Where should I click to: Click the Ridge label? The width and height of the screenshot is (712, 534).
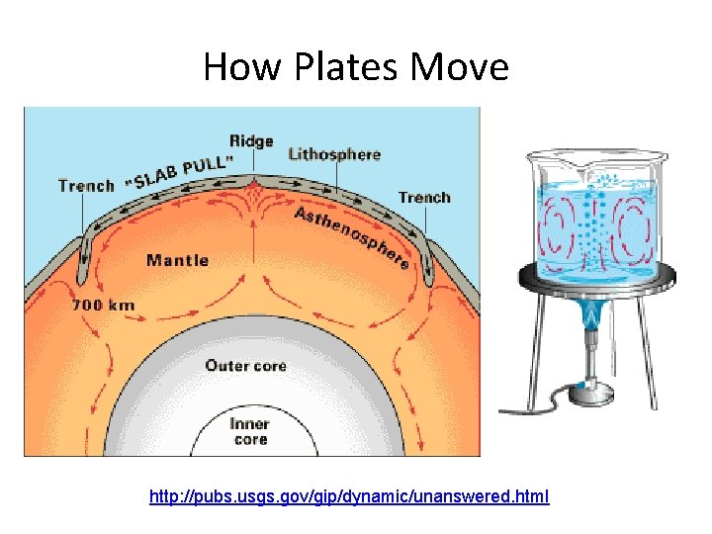[251, 140]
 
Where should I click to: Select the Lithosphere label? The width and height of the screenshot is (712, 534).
[334, 154]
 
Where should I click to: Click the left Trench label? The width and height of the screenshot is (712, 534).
[86, 185]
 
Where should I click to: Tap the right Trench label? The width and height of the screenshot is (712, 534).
[424, 198]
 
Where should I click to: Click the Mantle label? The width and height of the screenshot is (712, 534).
[178, 260]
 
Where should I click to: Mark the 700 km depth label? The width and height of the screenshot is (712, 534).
[103, 306]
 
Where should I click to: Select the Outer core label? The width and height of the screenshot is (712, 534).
[246, 366]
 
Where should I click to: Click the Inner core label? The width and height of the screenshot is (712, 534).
[250, 432]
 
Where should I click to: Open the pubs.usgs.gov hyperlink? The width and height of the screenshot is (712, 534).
[349, 495]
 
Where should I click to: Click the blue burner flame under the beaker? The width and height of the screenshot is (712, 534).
[592, 317]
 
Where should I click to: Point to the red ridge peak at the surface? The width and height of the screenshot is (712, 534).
[256, 185]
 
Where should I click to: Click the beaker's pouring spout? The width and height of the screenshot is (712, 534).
[534, 156]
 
